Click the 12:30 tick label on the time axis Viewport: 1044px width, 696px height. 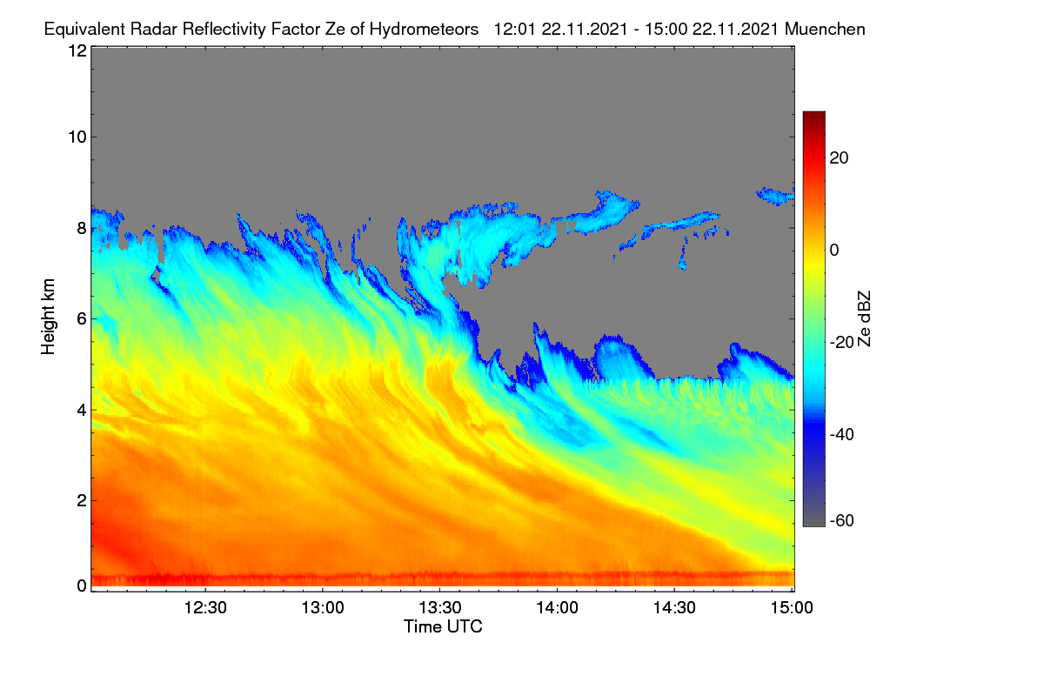205,607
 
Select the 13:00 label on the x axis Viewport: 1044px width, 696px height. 323,607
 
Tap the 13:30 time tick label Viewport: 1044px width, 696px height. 440,607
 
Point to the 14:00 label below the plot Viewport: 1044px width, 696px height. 557,607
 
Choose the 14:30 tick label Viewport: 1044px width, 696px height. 674,607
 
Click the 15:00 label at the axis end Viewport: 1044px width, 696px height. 792,607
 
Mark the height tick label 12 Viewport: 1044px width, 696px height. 77,50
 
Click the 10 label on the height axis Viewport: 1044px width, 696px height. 77,137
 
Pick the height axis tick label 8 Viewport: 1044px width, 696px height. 82,228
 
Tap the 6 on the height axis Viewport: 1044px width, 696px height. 82,319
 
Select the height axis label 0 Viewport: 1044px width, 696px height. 82,586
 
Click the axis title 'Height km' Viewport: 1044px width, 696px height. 48,317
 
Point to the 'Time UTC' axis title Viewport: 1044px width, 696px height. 443,626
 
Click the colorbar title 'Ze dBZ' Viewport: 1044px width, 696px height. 864,318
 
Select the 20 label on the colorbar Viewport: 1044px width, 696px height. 839,158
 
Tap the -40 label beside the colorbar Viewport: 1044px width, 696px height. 842,434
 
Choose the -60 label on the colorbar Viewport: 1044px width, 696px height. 842,520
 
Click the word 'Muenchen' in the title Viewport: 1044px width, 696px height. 825,29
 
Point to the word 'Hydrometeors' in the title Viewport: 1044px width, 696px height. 425,30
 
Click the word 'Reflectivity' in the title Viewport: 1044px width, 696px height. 224,30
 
